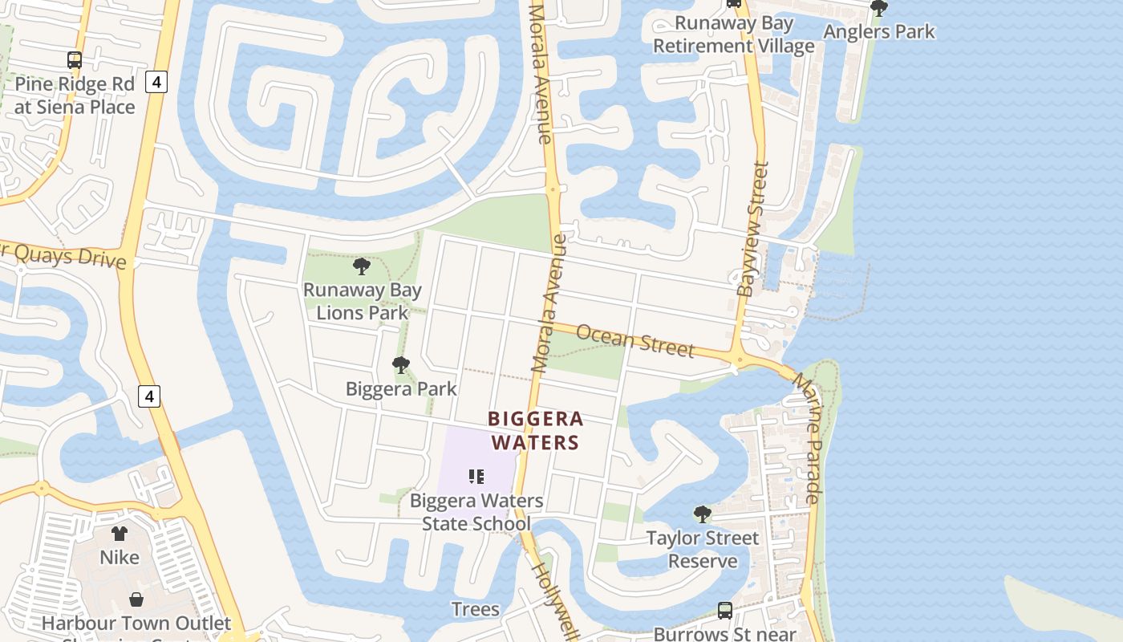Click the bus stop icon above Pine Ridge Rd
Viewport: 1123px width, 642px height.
(75, 59)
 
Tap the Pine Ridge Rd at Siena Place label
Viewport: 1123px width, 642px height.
(75, 95)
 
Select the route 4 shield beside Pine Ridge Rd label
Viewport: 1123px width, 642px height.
(156, 81)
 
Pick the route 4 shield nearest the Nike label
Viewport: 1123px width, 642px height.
(148, 396)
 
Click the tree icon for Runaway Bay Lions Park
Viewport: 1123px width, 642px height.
(362, 266)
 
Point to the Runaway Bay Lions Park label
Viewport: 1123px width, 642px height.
(362, 301)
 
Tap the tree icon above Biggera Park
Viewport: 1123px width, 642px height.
(401, 365)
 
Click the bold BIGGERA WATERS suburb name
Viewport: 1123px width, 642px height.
(535, 431)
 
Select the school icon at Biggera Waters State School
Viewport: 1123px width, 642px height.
(476, 477)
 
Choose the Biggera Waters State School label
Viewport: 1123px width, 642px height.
(476, 512)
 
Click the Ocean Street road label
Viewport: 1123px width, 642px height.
(634, 340)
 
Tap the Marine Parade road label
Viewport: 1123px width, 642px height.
(808, 438)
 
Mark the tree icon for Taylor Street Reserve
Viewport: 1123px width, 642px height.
(703, 514)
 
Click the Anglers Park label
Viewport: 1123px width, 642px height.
(879, 32)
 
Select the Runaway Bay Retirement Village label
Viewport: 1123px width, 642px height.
(733, 35)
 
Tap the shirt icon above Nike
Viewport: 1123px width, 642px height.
(120, 534)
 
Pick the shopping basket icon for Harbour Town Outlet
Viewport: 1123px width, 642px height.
(136, 599)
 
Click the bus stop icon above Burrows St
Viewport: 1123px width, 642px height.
(725, 610)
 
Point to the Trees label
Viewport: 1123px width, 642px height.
(475, 609)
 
